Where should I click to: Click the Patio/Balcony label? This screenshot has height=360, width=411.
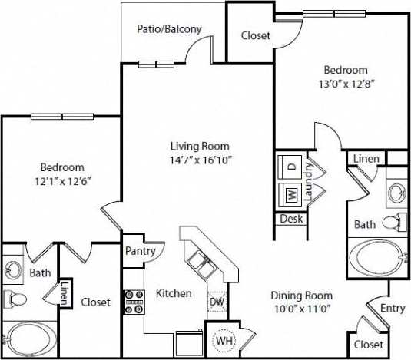[x=169, y=29]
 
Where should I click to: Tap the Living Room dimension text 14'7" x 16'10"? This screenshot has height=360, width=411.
[x=200, y=160]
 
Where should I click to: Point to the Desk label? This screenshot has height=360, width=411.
[x=291, y=219]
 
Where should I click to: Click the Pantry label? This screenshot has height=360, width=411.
[x=141, y=251]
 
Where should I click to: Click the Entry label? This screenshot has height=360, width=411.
[x=393, y=308]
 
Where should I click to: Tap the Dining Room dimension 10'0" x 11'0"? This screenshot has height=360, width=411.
[x=301, y=309]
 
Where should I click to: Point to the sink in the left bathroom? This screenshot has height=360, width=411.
[x=14, y=270]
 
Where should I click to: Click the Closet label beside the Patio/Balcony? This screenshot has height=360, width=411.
[x=254, y=35]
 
